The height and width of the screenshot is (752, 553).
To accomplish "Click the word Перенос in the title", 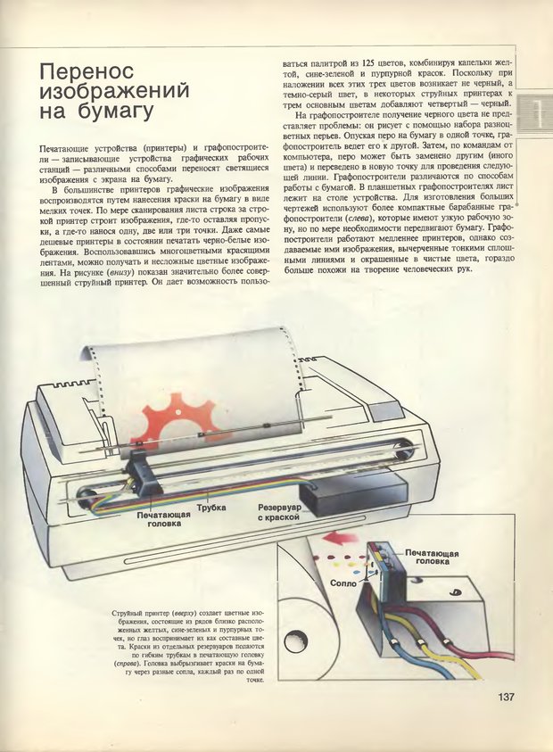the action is (x=87, y=71).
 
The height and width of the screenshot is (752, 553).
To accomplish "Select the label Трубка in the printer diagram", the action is (x=211, y=508).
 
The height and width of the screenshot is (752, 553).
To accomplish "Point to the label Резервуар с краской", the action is (x=279, y=512).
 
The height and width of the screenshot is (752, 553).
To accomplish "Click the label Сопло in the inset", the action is (x=343, y=583).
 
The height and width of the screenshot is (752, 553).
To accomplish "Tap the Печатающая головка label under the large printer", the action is (x=163, y=519).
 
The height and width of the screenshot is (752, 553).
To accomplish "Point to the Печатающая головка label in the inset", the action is (x=432, y=558).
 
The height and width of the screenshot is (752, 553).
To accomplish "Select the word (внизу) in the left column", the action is (x=120, y=272).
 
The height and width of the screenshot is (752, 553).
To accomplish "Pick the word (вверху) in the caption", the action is (x=184, y=614).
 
